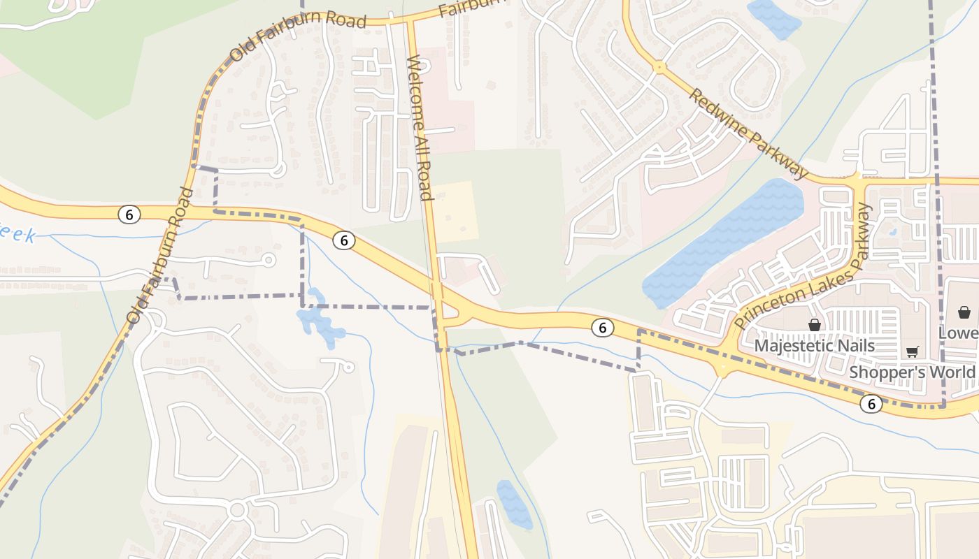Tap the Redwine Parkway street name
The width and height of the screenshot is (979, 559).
click(748, 133)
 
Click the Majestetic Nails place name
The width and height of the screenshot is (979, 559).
click(814, 346)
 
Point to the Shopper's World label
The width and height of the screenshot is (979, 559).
click(912, 372)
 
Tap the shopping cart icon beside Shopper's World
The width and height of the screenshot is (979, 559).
click(912, 351)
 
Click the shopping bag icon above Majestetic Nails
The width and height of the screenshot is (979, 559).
click(814, 325)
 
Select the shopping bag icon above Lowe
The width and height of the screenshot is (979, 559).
click(964, 312)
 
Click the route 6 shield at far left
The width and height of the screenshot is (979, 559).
click(129, 215)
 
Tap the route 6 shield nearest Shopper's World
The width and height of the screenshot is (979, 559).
click(871, 403)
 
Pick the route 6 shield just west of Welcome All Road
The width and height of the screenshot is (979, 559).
click(343, 240)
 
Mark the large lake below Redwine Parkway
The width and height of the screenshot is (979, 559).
click(724, 241)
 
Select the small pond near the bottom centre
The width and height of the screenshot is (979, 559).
click(514, 503)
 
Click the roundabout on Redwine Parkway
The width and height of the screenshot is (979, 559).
click(659, 68)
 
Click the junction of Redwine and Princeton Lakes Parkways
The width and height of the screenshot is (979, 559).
click(859, 180)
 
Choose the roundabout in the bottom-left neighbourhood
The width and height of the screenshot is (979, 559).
click(237, 509)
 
